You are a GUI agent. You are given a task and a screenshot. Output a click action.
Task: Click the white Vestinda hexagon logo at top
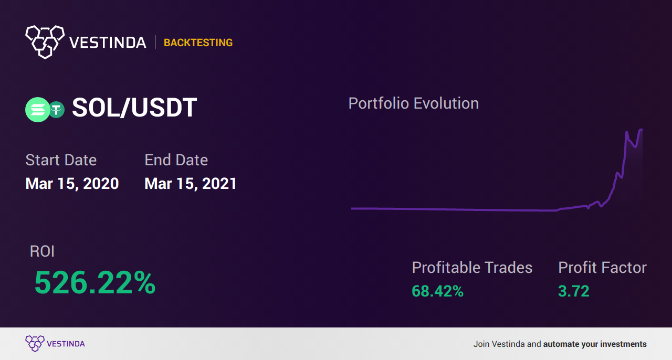45,41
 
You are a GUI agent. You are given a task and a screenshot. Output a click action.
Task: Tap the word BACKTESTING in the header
198,43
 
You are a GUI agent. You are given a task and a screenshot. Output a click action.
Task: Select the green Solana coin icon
37,110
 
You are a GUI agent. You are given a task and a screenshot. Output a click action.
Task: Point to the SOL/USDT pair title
134,108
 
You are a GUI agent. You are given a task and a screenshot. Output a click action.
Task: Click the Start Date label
61,160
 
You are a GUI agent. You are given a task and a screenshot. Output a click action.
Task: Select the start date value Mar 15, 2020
72,184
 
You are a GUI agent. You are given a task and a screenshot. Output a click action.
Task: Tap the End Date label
176,160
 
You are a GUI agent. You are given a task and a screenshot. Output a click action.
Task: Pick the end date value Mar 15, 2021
191,184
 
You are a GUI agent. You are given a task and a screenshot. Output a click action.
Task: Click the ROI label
42,251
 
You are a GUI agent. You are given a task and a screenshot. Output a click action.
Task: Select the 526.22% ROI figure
95,283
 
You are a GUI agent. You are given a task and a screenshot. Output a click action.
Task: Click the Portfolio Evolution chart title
414,103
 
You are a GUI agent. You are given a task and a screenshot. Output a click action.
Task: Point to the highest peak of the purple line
640,130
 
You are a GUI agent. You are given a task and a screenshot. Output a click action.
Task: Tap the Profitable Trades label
472,268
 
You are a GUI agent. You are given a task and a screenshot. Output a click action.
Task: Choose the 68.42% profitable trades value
437,291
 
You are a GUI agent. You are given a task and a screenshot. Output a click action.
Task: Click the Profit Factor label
602,268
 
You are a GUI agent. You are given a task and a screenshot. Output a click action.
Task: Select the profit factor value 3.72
573,291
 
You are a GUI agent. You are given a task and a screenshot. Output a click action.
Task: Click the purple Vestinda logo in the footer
35,343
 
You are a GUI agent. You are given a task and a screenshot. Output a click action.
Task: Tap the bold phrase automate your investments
595,344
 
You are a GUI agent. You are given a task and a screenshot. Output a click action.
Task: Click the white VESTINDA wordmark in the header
108,43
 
